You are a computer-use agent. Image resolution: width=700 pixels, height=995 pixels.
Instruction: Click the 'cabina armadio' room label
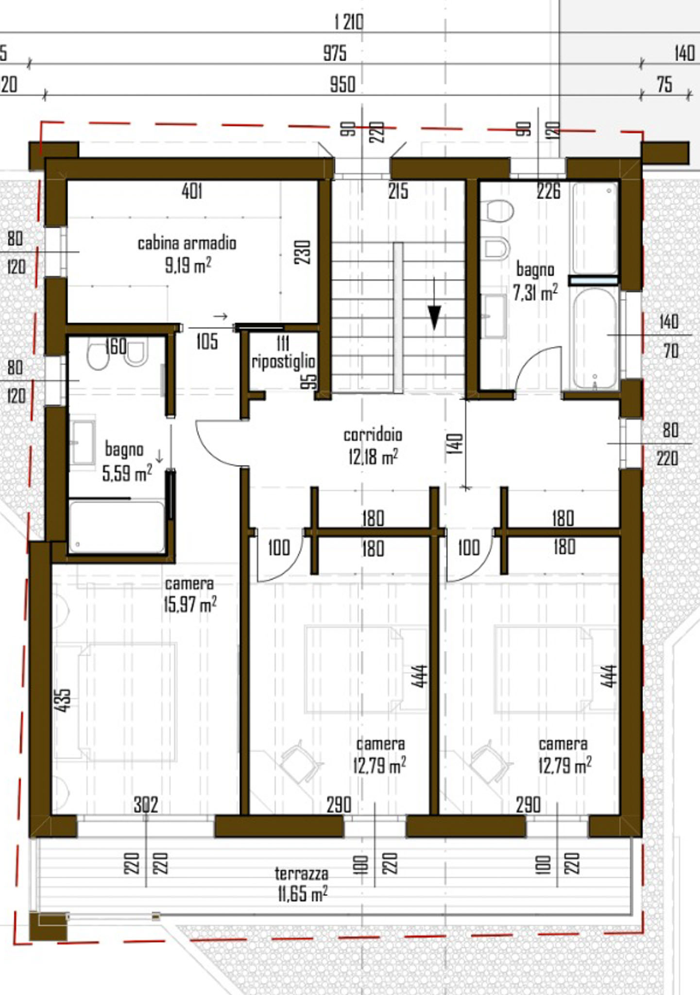[x=187, y=243]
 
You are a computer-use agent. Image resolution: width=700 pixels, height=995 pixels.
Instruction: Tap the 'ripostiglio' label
[x=283, y=362]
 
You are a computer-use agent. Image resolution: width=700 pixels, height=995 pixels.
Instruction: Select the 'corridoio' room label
[x=373, y=434]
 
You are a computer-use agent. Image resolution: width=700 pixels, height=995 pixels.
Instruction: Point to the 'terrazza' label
[x=302, y=873]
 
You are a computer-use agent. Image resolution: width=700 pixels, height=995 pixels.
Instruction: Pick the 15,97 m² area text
[x=190, y=604]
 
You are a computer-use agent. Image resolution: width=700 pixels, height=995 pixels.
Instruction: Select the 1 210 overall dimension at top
[x=349, y=22]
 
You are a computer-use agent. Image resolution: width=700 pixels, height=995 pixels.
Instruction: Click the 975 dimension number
[x=335, y=53]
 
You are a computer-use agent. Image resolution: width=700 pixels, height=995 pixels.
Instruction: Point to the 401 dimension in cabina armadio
[x=192, y=191]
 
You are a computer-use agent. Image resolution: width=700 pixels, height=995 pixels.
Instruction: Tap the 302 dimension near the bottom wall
[x=146, y=805]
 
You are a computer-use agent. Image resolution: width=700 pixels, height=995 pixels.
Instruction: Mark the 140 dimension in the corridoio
[x=454, y=444]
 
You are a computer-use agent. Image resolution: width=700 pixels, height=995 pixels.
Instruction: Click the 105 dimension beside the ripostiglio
[x=207, y=342]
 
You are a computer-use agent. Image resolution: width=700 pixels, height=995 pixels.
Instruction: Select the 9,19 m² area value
[x=188, y=265]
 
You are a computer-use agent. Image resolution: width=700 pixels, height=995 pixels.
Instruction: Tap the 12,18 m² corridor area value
[x=373, y=456]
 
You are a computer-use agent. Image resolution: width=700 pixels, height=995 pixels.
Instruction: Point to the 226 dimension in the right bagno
[x=549, y=191]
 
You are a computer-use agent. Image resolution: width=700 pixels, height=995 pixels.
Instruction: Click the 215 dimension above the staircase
[x=398, y=191]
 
